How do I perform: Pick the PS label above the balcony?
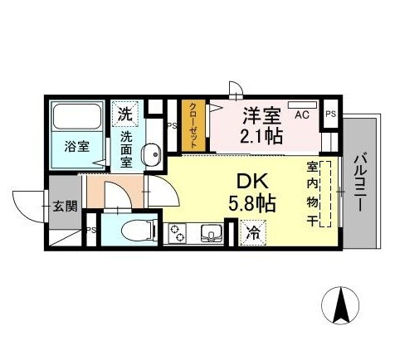[x=331, y=114]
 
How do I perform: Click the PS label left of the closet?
[x=171, y=126]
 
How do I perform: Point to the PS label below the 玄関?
[x=90, y=231]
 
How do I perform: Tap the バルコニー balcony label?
[x=361, y=182]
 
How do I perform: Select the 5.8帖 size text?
[x=252, y=202]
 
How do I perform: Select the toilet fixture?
[x=133, y=230]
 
